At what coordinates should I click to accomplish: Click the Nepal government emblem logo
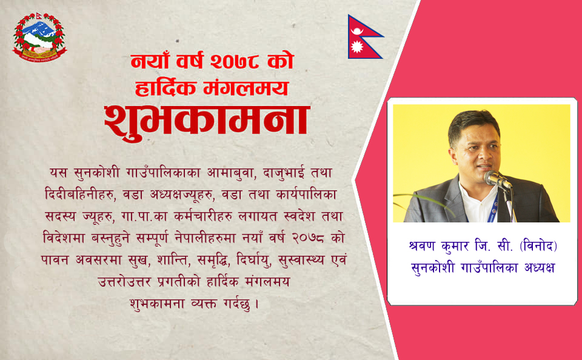click(40, 37)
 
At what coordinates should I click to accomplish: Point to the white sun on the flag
click(357, 47)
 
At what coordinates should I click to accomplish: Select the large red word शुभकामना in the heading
click(206, 122)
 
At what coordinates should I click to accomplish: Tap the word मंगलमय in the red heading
click(246, 88)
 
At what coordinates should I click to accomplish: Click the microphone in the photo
click(497, 179)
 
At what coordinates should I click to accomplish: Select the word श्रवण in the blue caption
click(421, 246)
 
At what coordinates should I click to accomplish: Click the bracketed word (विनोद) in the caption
click(538, 245)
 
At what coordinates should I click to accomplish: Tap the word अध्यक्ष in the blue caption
click(540, 268)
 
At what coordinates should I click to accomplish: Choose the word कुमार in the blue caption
click(455, 247)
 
